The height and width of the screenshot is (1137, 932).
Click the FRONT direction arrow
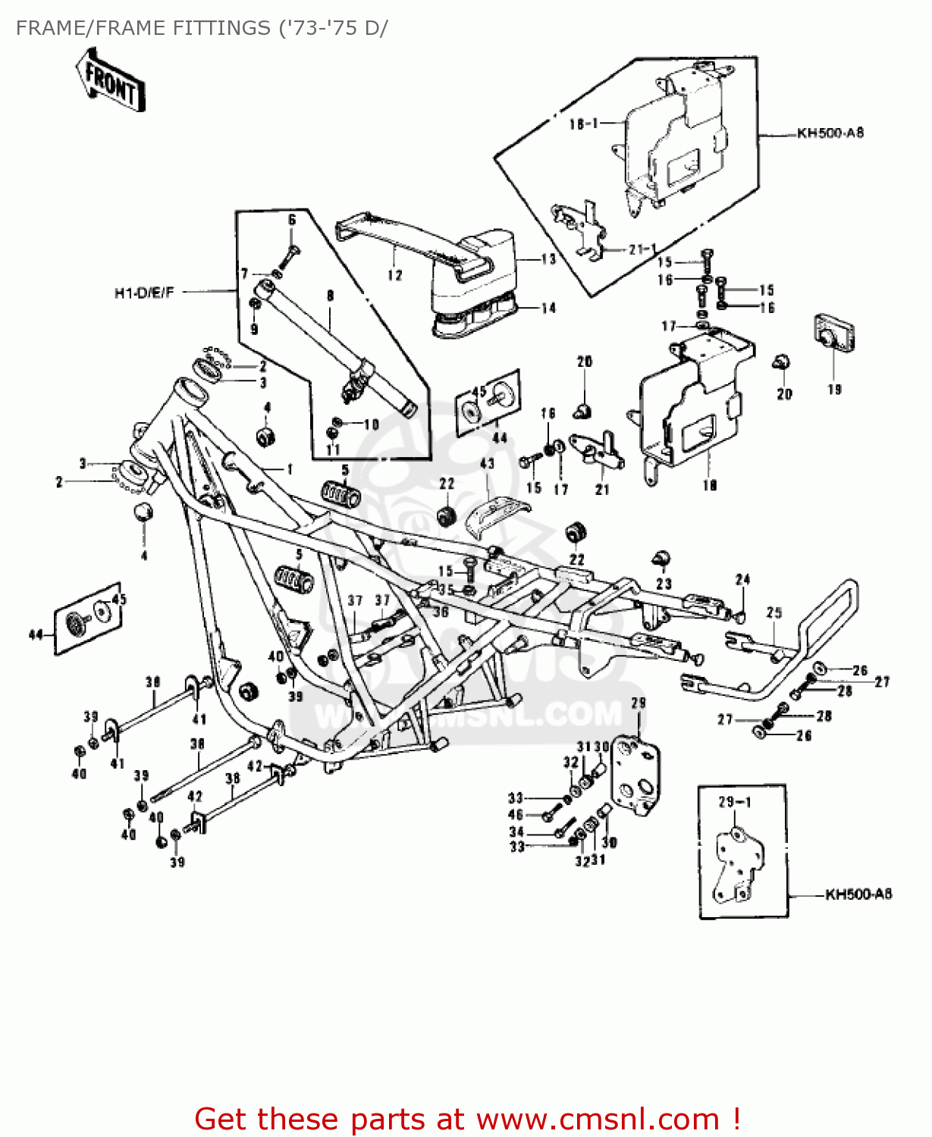tap(110, 82)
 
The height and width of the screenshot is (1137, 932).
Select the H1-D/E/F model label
tap(144, 293)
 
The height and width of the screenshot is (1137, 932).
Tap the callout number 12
tap(394, 275)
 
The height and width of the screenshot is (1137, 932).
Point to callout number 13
tap(548, 259)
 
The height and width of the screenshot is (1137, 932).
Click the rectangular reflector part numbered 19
tap(834, 334)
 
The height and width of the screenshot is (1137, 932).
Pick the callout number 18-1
tap(584, 124)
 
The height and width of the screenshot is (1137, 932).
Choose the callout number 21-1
tap(642, 249)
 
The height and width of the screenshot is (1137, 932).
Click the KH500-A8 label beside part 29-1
tap(858, 894)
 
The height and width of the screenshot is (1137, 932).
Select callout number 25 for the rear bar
tap(774, 612)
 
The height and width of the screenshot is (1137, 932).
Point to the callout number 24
tap(742, 580)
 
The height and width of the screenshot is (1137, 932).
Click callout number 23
tap(664, 584)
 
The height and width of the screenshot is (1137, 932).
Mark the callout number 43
tap(487, 464)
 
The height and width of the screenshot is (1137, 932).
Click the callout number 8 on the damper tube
tap(330, 296)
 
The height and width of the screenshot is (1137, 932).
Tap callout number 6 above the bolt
tap(292, 221)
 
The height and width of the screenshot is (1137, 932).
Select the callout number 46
tap(516, 815)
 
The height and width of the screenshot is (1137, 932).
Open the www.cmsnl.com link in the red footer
tap(598, 1119)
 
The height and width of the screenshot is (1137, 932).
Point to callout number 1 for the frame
tap(290, 470)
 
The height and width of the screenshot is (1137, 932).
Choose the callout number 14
tap(548, 309)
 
